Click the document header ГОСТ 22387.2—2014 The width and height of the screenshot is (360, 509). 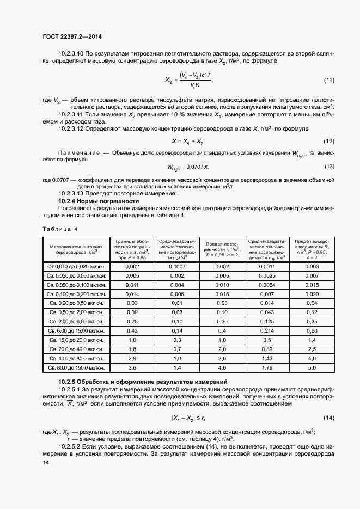[72, 36]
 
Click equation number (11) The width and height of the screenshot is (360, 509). [328, 80]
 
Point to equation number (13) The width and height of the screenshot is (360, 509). [328, 167]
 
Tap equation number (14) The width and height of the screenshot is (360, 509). [328, 418]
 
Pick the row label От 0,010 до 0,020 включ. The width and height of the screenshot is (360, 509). [76, 266]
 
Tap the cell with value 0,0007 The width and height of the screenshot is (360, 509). [178, 266]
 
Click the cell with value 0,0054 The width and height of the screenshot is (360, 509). [267, 285]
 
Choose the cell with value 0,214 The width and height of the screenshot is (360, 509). [267, 330]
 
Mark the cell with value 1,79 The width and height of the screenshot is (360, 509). [267, 368]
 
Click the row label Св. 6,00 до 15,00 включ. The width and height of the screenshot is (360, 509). [76, 330]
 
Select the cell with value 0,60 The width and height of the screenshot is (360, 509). [312, 330]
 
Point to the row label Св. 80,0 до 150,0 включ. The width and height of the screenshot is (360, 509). [76, 368]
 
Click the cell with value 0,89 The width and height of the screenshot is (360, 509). [267, 349]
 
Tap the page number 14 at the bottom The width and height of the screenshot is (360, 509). [45, 462]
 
